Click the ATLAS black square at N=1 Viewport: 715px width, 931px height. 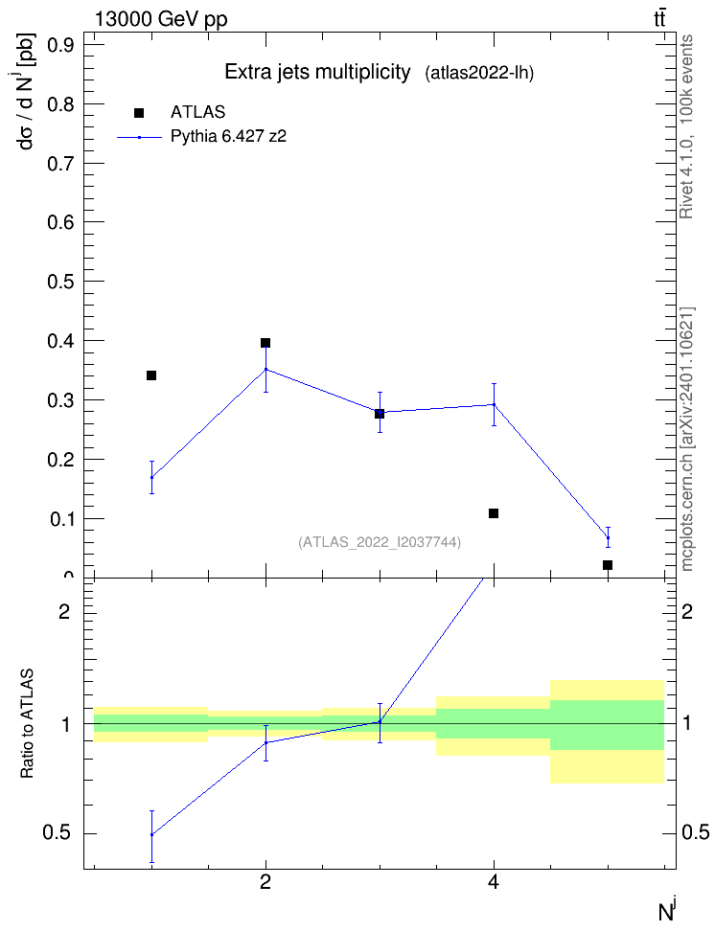[x=151, y=375]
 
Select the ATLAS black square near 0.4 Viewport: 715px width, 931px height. [x=265, y=343]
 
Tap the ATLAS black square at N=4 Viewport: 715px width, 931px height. [x=494, y=513]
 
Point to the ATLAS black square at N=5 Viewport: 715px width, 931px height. [x=608, y=565]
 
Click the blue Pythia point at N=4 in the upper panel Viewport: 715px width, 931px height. [x=494, y=404]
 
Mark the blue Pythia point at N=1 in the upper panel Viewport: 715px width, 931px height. [x=151, y=477]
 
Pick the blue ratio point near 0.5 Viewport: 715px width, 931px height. [x=151, y=834]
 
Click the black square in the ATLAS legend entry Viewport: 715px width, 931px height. [x=139, y=113]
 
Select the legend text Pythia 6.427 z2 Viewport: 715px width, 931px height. [x=228, y=137]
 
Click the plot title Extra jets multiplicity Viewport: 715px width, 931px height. [x=317, y=72]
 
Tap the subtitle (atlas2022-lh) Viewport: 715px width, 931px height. [x=479, y=74]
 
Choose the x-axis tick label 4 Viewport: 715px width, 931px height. [x=494, y=882]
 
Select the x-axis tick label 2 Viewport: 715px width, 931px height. [x=265, y=882]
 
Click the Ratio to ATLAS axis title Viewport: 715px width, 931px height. [x=28, y=724]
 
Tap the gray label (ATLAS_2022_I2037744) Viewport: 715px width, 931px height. [x=380, y=542]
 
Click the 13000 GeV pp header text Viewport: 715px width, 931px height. [x=161, y=19]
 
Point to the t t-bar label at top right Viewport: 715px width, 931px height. [x=659, y=18]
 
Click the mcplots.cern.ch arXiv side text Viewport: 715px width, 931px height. [x=687, y=439]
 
